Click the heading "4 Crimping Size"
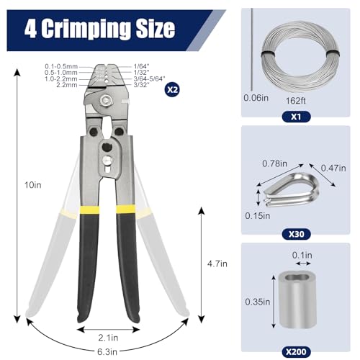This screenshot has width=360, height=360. (99, 28)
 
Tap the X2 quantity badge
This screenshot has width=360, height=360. (172, 90)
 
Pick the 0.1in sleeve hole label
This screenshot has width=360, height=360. (302, 256)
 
